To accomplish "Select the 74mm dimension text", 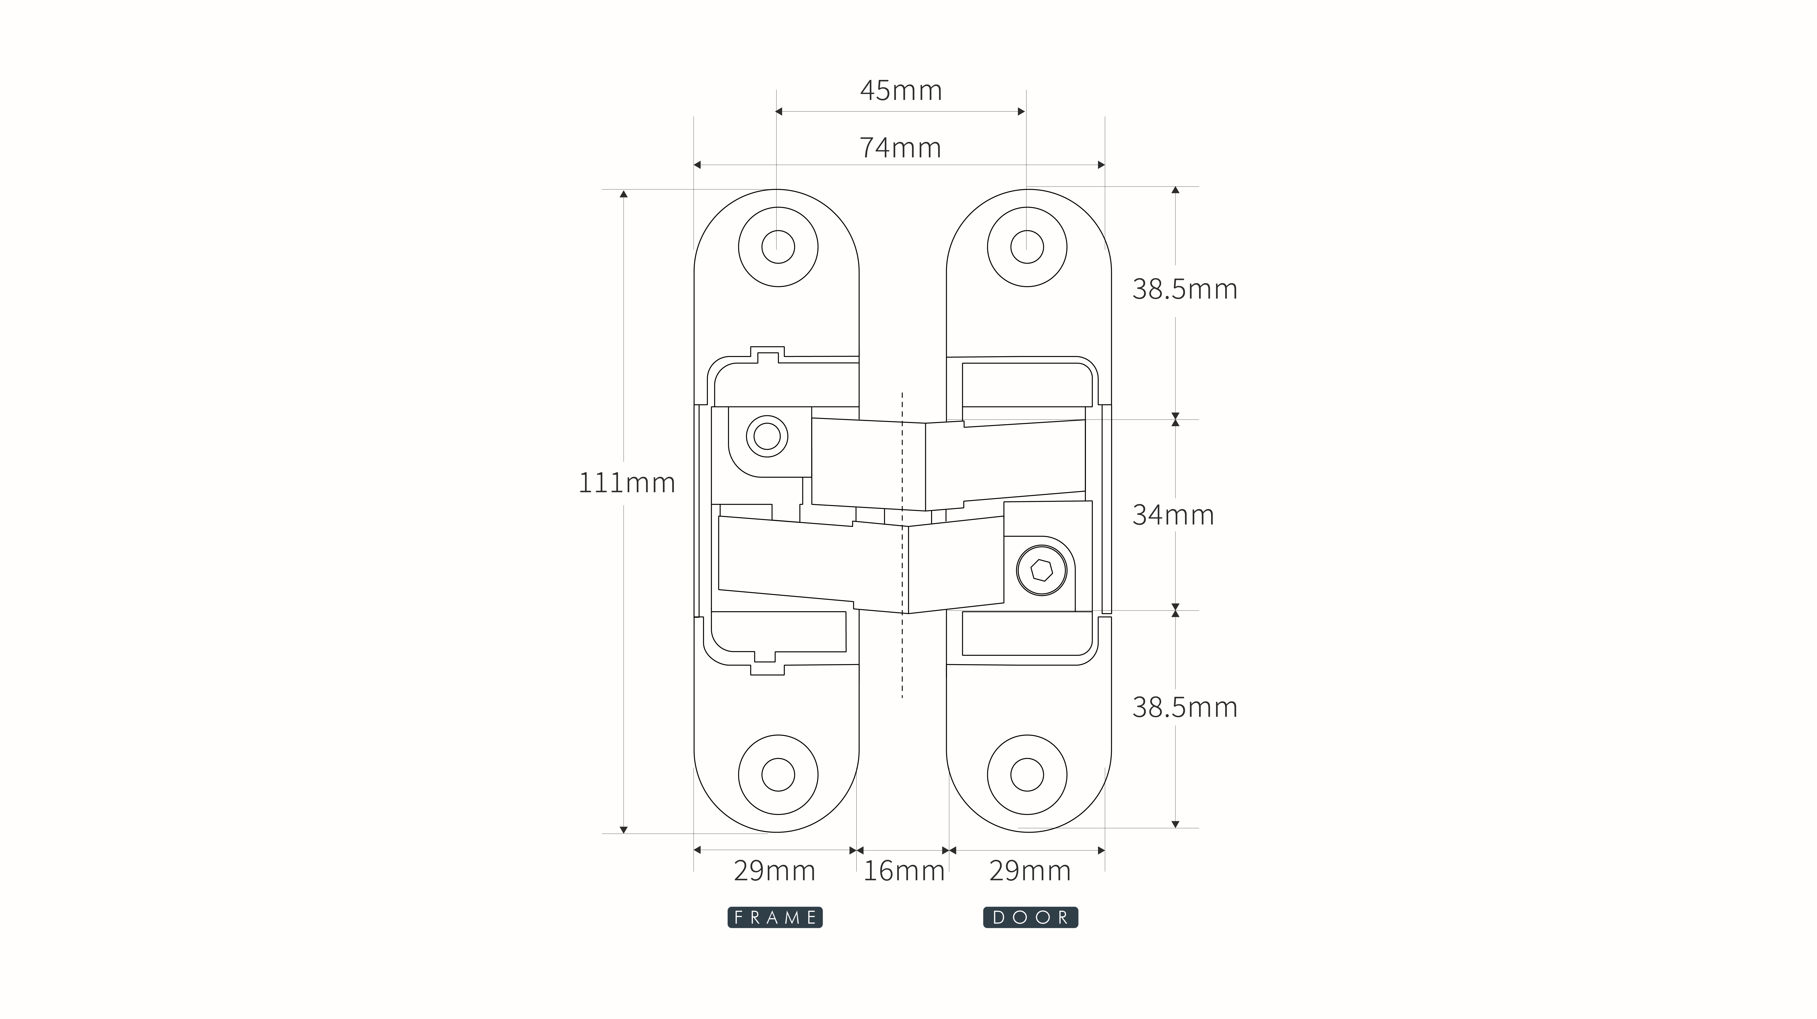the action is (x=900, y=148).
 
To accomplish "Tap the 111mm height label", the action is (x=626, y=483).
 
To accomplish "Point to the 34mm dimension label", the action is (x=1173, y=515).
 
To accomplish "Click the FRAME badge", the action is (x=775, y=918).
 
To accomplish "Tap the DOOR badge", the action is (x=1031, y=918).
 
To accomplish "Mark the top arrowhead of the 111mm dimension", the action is (x=624, y=194).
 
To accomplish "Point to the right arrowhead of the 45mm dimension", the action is (x=1021, y=111).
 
